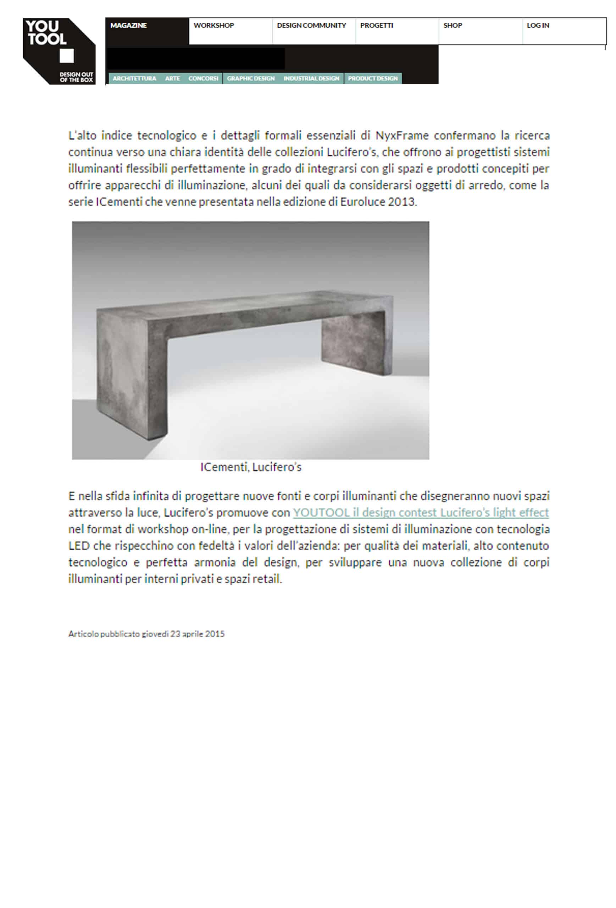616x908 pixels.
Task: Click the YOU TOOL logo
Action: click(59, 51)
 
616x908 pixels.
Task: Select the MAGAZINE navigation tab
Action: click(128, 26)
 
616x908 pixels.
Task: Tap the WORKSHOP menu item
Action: click(213, 26)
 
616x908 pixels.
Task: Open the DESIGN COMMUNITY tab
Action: click(311, 26)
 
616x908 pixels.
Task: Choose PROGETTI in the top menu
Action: click(377, 26)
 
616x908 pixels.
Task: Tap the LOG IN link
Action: click(538, 26)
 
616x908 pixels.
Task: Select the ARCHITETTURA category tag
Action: click(134, 78)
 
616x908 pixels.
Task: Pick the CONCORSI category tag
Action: click(203, 78)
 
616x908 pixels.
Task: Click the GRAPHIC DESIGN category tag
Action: click(251, 78)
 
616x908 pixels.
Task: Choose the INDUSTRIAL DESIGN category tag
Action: click(311, 78)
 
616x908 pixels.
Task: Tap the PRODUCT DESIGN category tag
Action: click(373, 78)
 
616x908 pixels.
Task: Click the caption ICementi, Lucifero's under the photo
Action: click(251, 467)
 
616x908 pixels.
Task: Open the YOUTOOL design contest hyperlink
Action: click(421, 512)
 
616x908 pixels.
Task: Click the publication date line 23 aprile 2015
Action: click(146, 634)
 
